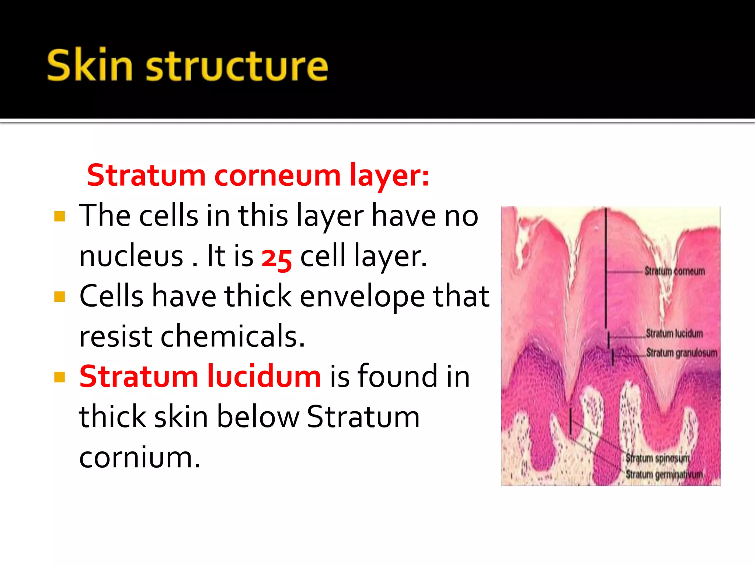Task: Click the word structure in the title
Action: click(x=237, y=66)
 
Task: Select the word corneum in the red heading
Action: click(x=278, y=175)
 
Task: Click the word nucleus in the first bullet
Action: click(x=131, y=256)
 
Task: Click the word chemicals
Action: click(x=233, y=336)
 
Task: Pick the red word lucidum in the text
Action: click(x=264, y=377)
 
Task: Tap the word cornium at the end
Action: click(x=140, y=457)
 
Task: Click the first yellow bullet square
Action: click(x=59, y=216)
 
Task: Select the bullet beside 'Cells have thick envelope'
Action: click(x=59, y=297)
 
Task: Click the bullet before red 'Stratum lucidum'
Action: click(x=59, y=377)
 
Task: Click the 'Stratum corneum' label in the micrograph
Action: click(x=674, y=272)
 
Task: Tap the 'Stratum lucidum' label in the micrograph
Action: click(x=674, y=333)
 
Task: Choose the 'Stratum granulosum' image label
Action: click(x=681, y=353)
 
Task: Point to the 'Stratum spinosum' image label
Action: click(x=657, y=458)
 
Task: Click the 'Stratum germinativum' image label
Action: click(x=664, y=474)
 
